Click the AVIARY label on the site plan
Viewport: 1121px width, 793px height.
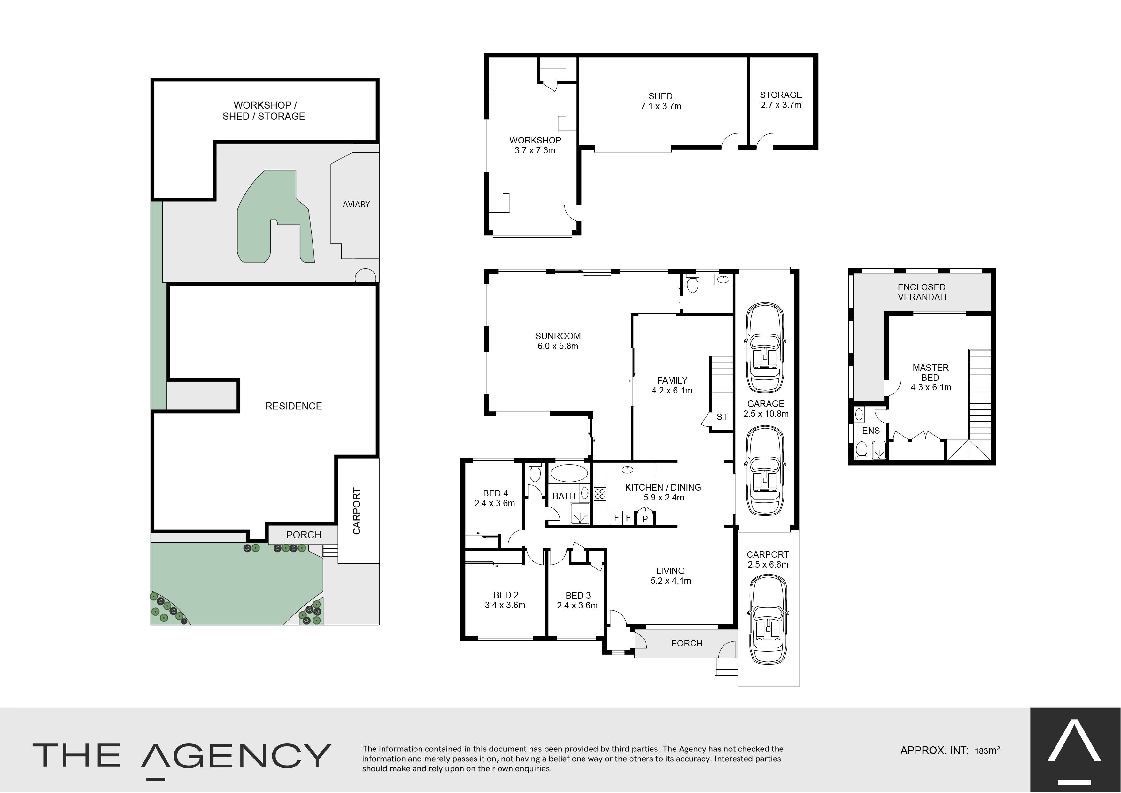356,204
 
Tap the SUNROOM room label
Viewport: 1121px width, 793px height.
558,336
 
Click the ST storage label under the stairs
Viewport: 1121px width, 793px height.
722,417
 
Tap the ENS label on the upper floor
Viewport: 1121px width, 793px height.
871,431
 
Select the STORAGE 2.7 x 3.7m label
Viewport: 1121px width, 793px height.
781,100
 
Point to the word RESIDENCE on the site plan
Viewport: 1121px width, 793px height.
294,406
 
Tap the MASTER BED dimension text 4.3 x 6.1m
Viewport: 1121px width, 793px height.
931,387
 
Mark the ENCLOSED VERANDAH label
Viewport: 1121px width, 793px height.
922,292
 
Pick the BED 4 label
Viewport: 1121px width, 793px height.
496,493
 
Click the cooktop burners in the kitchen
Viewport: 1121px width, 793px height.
600,494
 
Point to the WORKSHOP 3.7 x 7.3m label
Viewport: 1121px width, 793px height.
535,145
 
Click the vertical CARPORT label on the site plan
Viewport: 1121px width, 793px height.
357,511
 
